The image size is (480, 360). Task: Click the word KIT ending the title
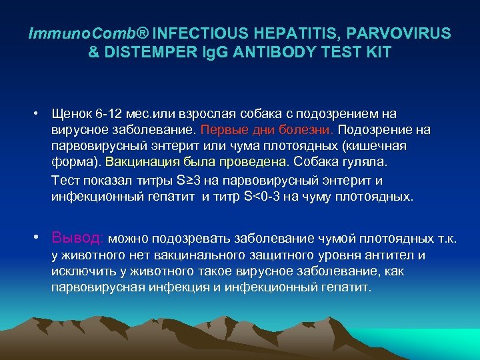click(x=377, y=52)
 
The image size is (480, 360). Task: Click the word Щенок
click(x=72, y=115)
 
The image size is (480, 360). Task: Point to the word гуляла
click(x=371, y=162)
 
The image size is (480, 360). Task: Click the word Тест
click(x=65, y=180)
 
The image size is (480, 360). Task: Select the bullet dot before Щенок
click(x=41, y=115)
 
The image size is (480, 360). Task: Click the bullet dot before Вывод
click(x=41, y=238)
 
